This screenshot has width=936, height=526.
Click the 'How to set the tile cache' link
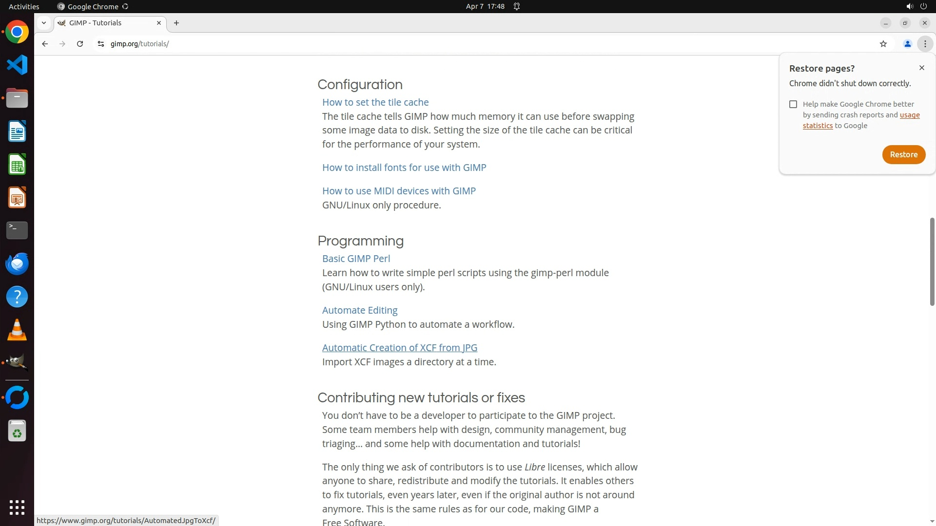pos(375,102)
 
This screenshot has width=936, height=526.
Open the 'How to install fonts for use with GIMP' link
pos(404,168)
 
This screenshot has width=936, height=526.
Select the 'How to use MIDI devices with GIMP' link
pos(398,191)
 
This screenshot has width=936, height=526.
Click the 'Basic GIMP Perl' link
pos(356,259)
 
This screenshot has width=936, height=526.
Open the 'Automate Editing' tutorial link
pos(359,310)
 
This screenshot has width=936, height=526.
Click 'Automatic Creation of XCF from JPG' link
pos(399,348)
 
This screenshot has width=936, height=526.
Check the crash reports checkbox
pos(793,104)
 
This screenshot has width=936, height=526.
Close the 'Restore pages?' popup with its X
pos(921,68)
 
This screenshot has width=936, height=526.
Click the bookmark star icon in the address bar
pos(883,44)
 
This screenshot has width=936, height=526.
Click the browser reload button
pos(80,44)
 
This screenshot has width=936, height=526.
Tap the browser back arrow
pos(45,44)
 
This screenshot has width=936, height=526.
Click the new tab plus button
pos(176,23)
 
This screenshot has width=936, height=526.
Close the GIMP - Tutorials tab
pos(159,23)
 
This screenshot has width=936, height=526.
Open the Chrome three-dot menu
pos(925,44)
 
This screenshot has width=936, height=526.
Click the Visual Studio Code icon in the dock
pos(17,65)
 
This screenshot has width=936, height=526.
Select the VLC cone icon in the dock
pos(17,330)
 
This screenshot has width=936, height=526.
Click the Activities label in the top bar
pos(24,6)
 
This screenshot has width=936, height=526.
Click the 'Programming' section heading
pos(360,241)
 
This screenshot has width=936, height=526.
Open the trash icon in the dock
pos(17,431)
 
